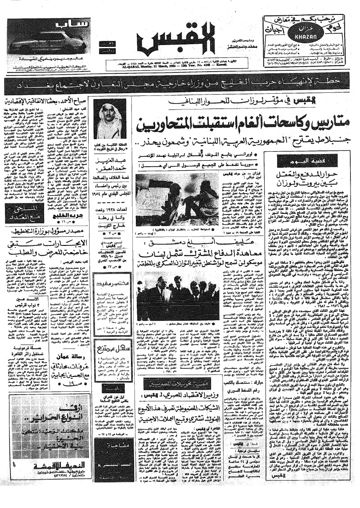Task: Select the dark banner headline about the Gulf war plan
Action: tap(180, 86)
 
